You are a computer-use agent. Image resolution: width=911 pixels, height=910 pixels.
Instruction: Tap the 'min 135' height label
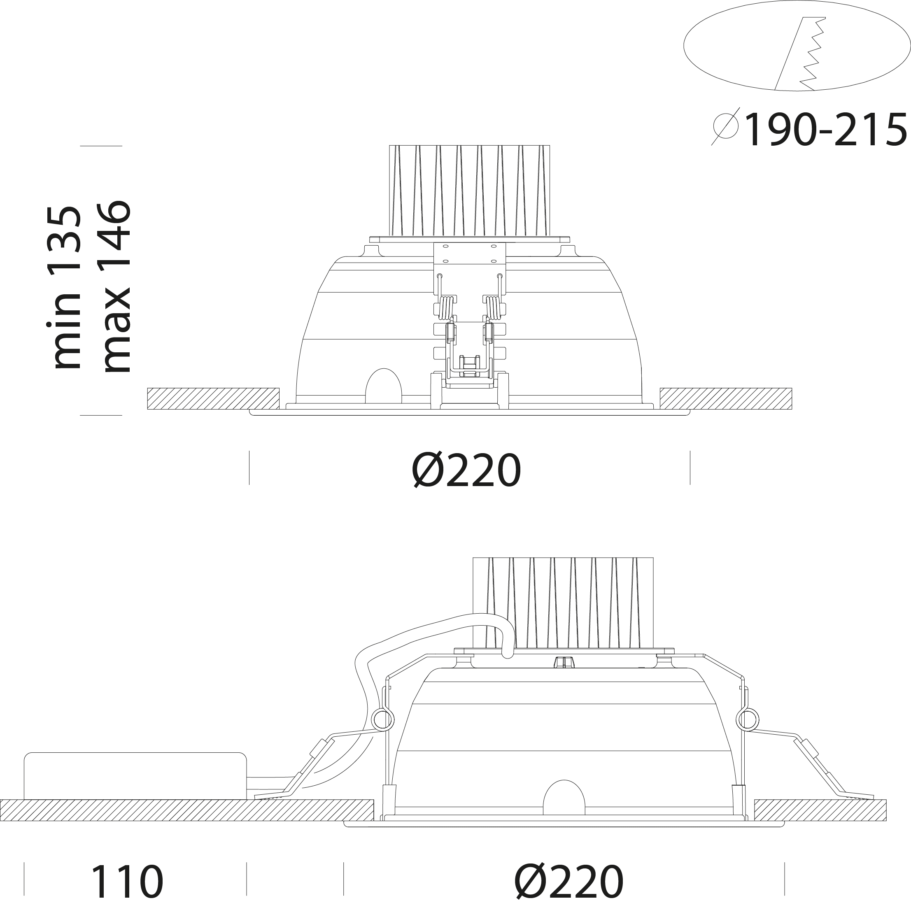(65, 287)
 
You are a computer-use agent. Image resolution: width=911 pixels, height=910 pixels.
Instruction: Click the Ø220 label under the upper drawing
(466, 470)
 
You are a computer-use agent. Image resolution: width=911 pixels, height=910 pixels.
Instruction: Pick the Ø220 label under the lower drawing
(569, 881)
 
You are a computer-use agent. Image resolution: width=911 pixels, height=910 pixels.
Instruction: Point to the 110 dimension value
(126, 881)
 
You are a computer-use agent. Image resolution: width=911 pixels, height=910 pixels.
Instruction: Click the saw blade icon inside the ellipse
(801, 54)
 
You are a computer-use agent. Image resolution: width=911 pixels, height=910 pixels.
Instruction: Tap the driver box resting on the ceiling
(135, 776)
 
